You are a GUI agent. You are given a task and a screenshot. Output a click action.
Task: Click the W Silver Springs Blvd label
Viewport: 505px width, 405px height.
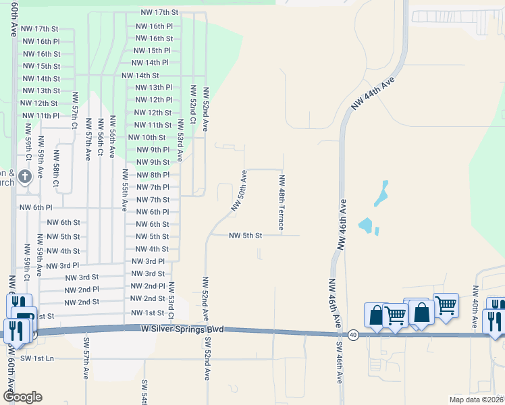[182, 329]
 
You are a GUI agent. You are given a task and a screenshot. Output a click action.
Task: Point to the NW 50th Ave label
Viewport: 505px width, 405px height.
[239, 191]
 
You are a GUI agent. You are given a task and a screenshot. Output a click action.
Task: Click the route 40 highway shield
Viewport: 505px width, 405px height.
[353, 334]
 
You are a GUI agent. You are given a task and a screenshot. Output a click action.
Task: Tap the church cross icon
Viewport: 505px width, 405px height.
[25, 178]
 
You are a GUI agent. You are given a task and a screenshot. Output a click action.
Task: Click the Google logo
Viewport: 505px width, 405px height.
[22, 397]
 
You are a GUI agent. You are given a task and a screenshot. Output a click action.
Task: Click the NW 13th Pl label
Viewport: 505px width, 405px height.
[154, 88]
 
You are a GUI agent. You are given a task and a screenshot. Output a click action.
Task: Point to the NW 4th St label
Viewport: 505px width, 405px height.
[152, 249]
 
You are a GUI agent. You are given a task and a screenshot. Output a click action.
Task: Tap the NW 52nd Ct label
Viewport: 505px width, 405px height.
[193, 105]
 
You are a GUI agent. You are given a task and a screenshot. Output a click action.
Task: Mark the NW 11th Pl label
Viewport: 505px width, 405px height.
[40, 115]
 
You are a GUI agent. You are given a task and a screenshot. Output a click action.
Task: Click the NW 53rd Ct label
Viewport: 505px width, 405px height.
[171, 301]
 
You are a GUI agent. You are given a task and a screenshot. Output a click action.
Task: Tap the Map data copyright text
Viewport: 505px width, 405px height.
[475, 400]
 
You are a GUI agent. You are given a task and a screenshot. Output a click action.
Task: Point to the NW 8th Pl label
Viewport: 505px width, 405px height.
[153, 175]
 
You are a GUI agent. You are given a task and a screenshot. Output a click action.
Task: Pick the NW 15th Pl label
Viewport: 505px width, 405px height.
[152, 51]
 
